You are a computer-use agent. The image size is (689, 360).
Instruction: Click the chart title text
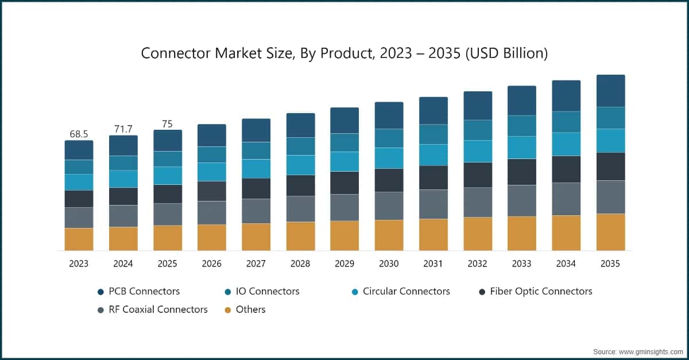(x=344, y=53)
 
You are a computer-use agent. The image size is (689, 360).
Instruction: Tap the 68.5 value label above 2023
(x=79, y=134)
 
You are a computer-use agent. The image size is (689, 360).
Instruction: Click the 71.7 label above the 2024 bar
(x=123, y=129)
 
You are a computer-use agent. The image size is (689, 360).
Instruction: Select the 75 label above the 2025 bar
(x=167, y=123)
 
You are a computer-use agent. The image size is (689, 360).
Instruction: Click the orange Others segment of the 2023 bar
(x=79, y=239)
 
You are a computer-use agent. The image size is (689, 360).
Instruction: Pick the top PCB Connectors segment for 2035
(x=610, y=91)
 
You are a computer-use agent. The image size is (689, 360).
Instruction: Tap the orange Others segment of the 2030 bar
(x=389, y=235)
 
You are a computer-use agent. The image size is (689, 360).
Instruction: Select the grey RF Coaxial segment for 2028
(x=300, y=208)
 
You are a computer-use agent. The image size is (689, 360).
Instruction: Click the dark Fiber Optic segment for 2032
(x=478, y=175)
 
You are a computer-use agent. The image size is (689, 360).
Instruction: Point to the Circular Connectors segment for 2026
(x=212, y=172)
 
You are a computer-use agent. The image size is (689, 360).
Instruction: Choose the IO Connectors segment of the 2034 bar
(x=566, y=122)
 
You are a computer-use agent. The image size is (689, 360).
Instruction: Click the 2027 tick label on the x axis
(x=256, y=264)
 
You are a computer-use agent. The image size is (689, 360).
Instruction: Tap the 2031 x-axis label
(x=433, y=264)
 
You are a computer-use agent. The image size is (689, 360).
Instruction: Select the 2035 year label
(x=610, y=264)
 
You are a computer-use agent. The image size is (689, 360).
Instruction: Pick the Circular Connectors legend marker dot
(x=355, y=292)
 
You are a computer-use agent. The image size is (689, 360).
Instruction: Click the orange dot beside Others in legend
(x=228, y=310)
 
